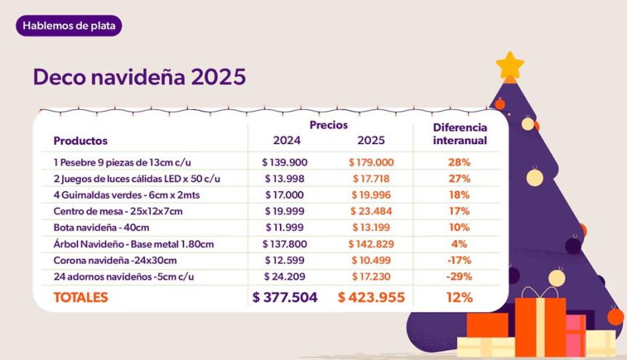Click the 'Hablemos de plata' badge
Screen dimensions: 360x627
pyautogui.click(x=69, y=26)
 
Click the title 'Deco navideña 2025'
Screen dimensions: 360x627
pyautogui.click(x=139, y=77)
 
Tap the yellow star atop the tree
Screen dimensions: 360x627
pyautogui.click(x=510, y=65)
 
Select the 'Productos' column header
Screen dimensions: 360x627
pyautogui.click(x=81, y=140)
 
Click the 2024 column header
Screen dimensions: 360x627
pyautogui.click(x=287, y=140)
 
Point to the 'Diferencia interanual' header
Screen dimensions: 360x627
pyautogui.click(x=460, y=133)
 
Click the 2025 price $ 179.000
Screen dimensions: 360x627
pyautogui.click(x=371, y=162)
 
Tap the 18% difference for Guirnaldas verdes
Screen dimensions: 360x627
pyautogui.click(x=459, y=195)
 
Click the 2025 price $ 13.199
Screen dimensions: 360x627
pyautogui.click(x=371, y=228)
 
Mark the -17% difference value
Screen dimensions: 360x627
pyautogui.click(x=459, y=260)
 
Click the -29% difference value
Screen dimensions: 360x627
pyautogui.click(x=459, y=276)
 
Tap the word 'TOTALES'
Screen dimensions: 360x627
pyautogui.click(x=81, y=297)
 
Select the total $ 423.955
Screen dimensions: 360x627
pyautogui.click(x=371, y=297)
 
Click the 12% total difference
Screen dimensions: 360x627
pyautogui.click(x=459, y=297)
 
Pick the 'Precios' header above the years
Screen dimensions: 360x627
pyautogui.click(x=329, y=125)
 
